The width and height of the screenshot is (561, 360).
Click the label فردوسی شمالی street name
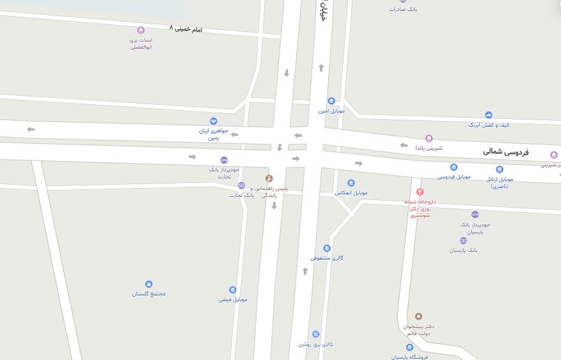pyautogui.click(x=505, y=152)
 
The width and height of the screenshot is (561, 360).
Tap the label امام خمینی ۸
pyautogui.click(x=186, y=29)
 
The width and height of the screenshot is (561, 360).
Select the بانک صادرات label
pyautogui.click(x=403, y=9)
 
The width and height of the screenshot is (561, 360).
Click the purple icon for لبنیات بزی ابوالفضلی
pyautogui.click(x=141, y=30)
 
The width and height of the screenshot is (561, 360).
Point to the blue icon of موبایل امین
pyautogui.click(x=331, y=101)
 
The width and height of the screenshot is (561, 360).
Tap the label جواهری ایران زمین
pyautogui.click(x=209, y=134)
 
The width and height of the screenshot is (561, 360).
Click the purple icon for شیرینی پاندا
pyautogui.click(x=429, y=138)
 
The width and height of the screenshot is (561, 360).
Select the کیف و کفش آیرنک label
pyautogui.click(x=489, y=125)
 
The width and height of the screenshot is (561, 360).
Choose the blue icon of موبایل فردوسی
pyautogui.click(x=454, y=168)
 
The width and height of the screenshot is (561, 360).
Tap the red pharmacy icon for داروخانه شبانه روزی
pyautogui.click(x=420, y=191)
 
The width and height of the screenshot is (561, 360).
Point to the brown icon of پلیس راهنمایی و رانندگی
pyautogui.click(x=269, y=178)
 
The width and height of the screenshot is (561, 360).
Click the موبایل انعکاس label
pyautogui.click(x=351, y=192)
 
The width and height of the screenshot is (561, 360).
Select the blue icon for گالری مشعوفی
pyautogui.click(x=327, y=248)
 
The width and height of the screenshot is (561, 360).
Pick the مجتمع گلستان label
pyautogui.click(x=149, y=293)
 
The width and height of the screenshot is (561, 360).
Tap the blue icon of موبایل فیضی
pyautogui.click(x=232, y=290)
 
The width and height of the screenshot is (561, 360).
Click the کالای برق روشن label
pyautogui.click(x=316, y=344)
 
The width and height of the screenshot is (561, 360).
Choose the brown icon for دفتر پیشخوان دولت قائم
pyautogui.click(x=419, y=317)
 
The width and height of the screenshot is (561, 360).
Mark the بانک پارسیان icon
pyautogui.click(x=463, y=241)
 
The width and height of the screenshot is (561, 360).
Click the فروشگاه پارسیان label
pyautogui.click(x=409, y=356)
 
